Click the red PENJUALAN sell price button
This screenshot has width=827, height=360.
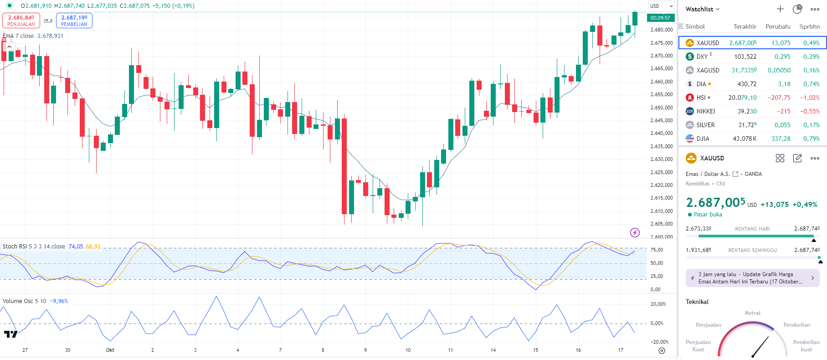(x=21, y=21)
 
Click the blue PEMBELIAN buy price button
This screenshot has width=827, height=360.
(x=74, y=21)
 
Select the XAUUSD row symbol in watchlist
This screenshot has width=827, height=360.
(x=708, y=43)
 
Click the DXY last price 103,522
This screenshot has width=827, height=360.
(x=745, y=57)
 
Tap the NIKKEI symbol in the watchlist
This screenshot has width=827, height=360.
(x=705, y=111)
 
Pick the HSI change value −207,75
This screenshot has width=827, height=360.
(x=779, y=98)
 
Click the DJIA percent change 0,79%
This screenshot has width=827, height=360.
(x=811, y=139)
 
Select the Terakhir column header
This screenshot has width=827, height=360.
(x=745, y=26)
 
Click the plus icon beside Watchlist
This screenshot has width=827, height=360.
(x=780, y=9)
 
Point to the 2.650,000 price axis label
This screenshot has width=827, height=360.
(x=662, y=108)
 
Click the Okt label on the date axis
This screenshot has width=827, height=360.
(x=110, y=350)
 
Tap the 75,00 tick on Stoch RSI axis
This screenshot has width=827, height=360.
(x=657, y=250)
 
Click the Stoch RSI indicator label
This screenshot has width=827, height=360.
(x=34, y=246)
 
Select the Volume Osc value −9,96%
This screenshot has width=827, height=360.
(x=59, y=301)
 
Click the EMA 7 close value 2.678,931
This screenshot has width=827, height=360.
(x=50, y=36)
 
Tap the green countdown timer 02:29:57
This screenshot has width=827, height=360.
(x=660, y=18)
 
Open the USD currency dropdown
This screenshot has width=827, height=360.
(x=661, y=6)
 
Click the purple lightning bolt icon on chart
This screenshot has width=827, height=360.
(x=635, y=233)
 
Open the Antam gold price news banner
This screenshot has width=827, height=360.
(x=752, y=278)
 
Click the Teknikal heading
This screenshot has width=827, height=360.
(x=697, y=302)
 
